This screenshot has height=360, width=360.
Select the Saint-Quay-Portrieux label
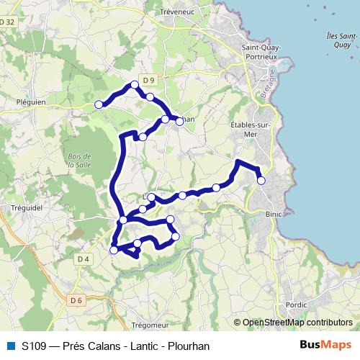(261, 52)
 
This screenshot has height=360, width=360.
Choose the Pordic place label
(295, 305)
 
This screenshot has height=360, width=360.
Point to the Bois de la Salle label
(77, 161)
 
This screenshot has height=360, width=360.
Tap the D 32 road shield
(8, 22)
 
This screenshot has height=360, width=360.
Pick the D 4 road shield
(82, 258)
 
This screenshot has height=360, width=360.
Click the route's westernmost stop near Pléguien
(99, 104)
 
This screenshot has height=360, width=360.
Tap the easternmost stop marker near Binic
(261, 181)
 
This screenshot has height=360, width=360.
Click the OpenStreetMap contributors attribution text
(297, 323)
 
